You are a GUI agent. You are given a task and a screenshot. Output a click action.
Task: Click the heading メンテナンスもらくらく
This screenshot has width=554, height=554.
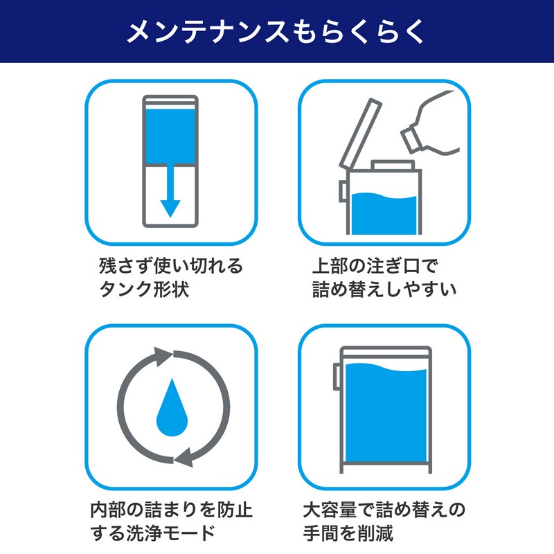276,31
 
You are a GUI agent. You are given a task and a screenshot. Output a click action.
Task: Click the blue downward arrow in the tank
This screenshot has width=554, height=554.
170,191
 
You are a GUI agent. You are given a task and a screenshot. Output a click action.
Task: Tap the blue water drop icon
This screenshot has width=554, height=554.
172,407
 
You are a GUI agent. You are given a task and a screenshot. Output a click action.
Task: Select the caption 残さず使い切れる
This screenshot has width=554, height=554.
171,266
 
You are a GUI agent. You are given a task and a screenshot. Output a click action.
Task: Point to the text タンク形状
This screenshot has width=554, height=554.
144,289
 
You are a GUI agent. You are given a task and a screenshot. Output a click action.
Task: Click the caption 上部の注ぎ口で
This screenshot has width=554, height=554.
375,266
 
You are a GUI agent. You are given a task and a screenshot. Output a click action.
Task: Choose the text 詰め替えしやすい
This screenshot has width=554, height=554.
384,289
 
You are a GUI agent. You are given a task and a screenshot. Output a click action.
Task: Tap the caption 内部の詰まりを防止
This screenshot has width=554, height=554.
171,510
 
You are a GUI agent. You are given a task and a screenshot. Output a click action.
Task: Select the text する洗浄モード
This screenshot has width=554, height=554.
153,533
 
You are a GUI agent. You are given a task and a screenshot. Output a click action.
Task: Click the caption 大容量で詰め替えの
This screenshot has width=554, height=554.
384,510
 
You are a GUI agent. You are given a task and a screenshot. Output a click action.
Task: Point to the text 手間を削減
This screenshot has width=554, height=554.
348,533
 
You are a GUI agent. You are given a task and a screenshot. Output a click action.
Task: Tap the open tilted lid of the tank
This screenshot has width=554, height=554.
360,134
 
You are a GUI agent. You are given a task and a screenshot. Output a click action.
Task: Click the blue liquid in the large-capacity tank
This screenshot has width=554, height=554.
386,413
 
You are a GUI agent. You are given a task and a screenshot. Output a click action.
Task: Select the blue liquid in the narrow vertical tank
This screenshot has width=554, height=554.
170,136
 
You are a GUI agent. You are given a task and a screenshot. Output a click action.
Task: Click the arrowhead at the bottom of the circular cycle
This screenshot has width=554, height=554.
184,458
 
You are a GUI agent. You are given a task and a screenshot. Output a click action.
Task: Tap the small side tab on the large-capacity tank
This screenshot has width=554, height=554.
337,377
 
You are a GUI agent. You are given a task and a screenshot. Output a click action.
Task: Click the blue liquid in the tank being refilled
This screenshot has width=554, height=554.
384,213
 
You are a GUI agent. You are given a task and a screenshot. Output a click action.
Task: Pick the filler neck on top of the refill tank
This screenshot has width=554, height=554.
392,165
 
